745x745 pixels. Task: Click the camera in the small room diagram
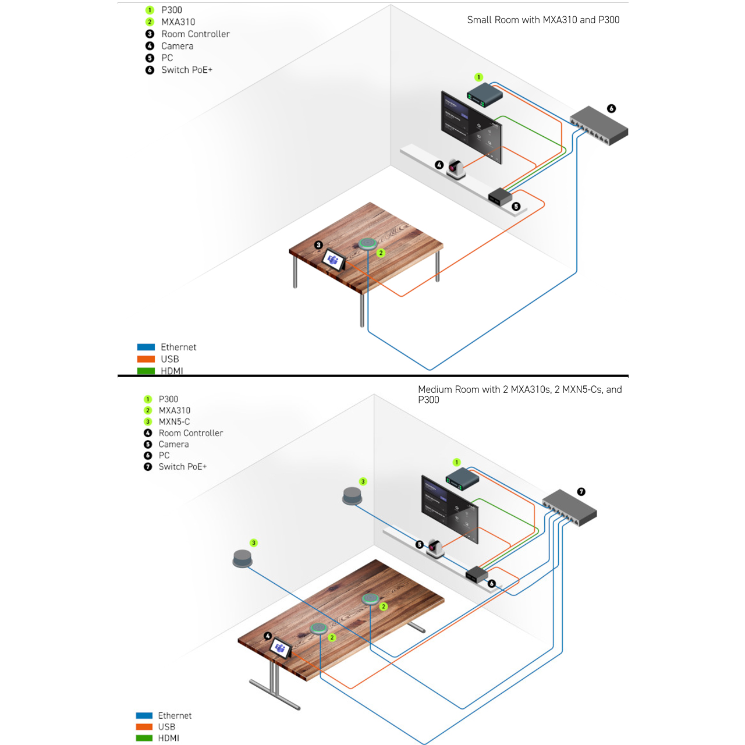(456, 169)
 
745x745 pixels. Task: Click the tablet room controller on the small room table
(334, 260)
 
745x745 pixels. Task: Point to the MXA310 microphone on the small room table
(367, 243)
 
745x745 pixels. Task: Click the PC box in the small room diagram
(500, 196)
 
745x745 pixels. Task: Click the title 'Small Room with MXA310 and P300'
(543, 20)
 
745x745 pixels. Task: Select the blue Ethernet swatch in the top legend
(146, 347)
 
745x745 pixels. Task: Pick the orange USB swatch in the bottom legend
(144, 727)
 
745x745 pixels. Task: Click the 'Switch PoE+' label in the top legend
(187, 70)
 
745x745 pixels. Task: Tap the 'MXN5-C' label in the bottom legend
(174, 422)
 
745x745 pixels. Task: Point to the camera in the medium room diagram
(435, 548)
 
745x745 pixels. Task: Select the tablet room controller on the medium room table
(281, 647)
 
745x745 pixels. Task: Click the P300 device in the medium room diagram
(463, 479)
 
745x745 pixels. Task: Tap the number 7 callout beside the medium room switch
(581, 492)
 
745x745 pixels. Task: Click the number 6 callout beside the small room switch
(611, 109)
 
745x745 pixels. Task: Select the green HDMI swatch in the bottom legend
(144, 738)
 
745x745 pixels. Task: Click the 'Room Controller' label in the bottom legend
(191, 433)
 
